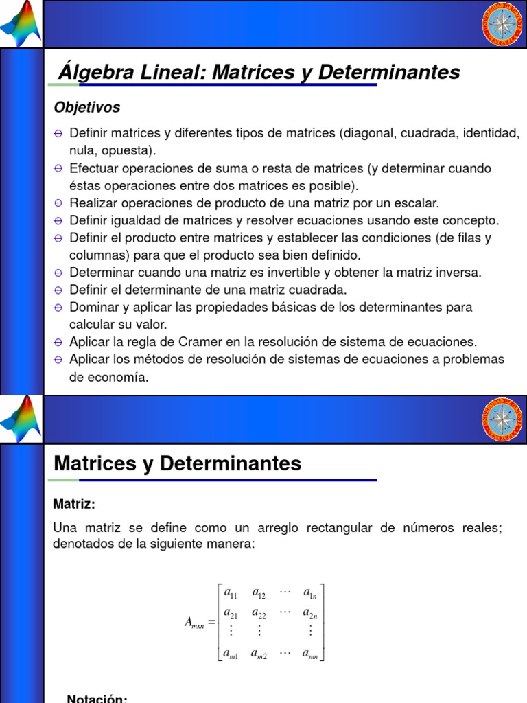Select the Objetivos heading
(86, 108)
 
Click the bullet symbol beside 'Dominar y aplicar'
(59, 308)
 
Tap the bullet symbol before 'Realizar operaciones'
(59, 203)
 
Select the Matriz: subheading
(74, 504)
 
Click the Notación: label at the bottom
(97, 698)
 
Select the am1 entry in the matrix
(231, 654)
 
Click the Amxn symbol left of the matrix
(195, 623)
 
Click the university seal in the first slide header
(504, 25)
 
